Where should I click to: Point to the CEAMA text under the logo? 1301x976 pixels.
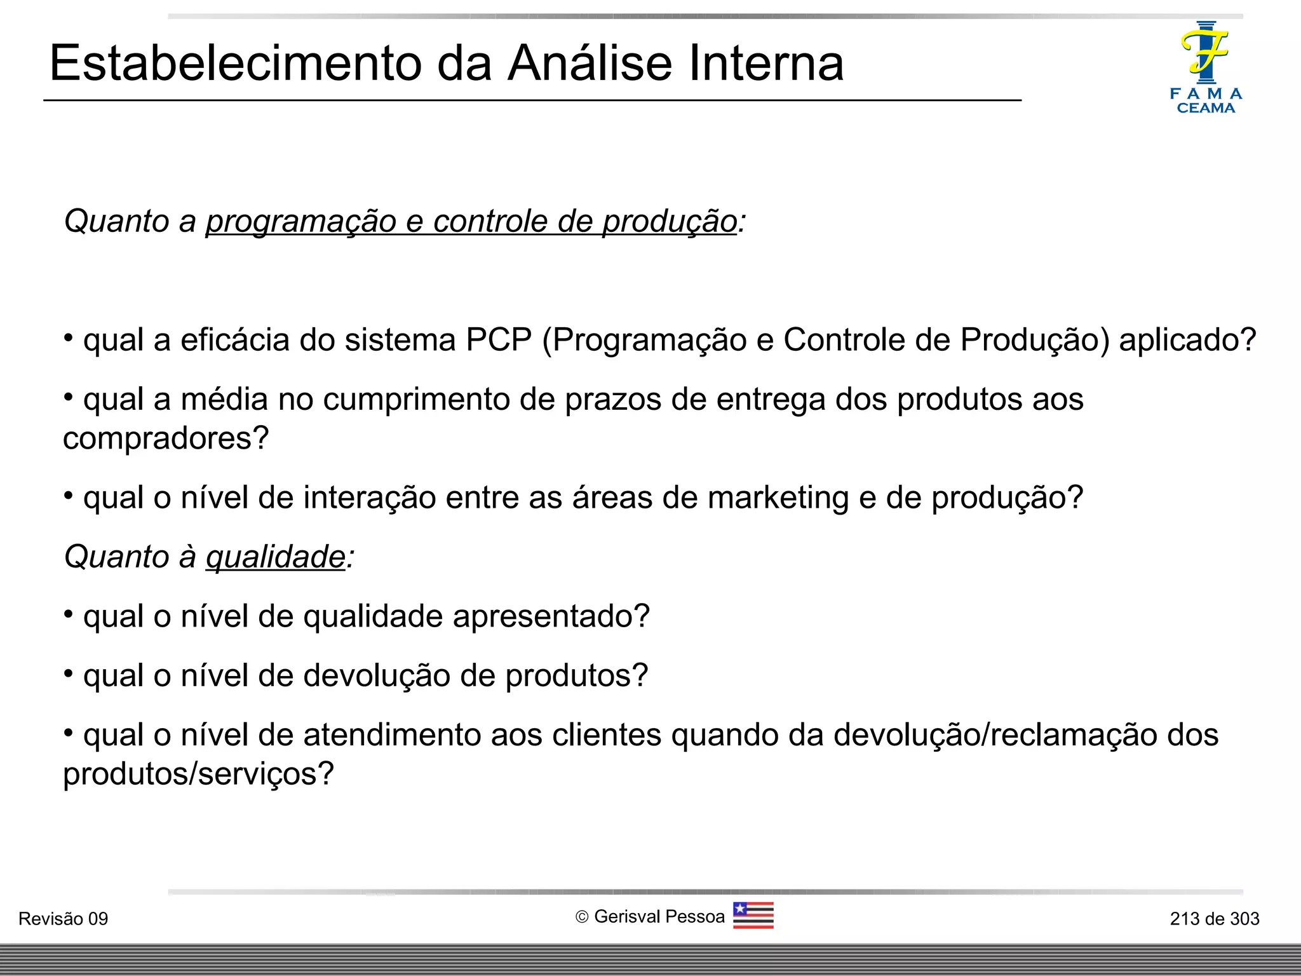[x=1206, y=108]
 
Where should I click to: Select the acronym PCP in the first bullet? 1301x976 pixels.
[x=499, y=340]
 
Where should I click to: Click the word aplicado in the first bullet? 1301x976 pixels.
[x=1187, y=340]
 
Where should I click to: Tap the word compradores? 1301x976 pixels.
[x=165, y=438]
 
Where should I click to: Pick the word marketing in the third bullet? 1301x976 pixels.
[x=778, y=498]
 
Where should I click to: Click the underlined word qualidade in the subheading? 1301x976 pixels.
[x=276, y=557]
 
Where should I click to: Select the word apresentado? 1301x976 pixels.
[x=550, y=616]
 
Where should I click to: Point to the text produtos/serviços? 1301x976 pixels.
[x=198, y=774]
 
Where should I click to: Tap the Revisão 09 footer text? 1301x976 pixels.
[x=64, y=919]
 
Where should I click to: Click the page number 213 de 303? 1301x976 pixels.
[x=1214, y=919]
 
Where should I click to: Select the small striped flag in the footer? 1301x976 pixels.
[x=753, y=916]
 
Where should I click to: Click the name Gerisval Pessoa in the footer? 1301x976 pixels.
[x=659, y=917]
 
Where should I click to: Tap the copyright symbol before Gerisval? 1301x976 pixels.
[x=582, y=917]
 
